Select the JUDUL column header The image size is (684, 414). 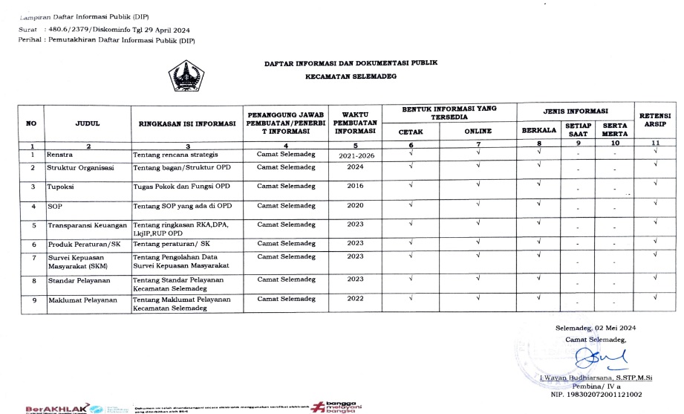pyautogui.click(x=88, y=124)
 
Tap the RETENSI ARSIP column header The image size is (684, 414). pyautogui.click(x=655, y=120)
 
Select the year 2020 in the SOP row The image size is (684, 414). pyautogui.click(x=355, y=205)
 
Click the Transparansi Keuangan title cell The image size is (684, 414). pyautogui.click(x=88, y=224)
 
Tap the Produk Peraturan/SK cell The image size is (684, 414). pyautogui.click(x=83, y=244)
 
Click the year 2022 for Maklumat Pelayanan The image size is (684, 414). pyautogui.click(x=355, y=299)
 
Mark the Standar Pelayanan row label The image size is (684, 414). pyautogui.click(x=79, y=280)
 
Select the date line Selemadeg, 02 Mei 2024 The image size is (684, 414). pyautogui.click(x=596, y=328)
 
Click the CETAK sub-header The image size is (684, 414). pyautogui.click(x=410, y=132)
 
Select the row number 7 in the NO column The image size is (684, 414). pyautogui.click(x=33, y=257)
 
